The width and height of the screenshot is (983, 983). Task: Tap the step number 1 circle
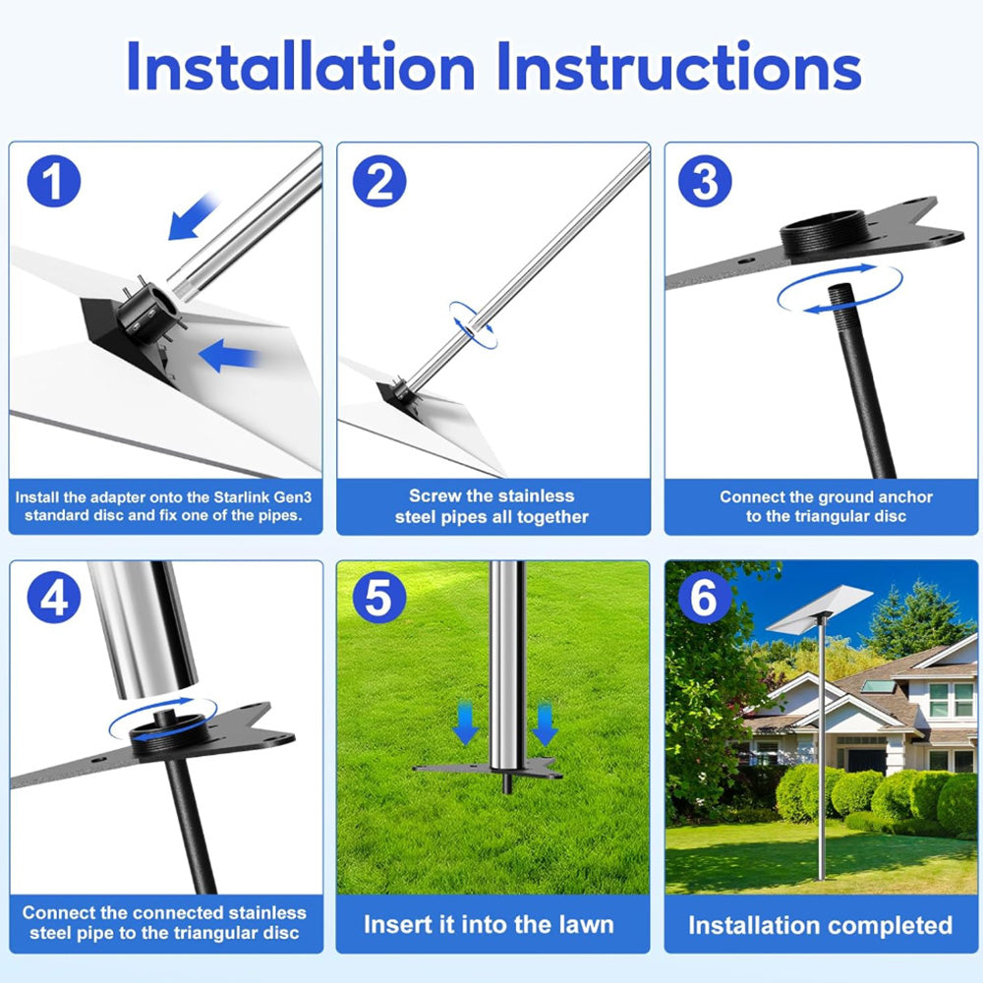click(53, 183)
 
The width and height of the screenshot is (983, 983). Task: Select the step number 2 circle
click(379, 183)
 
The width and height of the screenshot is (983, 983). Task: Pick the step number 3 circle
click(705, 181)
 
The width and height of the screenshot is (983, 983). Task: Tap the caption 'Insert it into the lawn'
click(489, 925)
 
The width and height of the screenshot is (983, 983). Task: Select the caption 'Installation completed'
click(820, 925)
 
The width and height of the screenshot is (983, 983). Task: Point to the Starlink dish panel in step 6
click(818, 608)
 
